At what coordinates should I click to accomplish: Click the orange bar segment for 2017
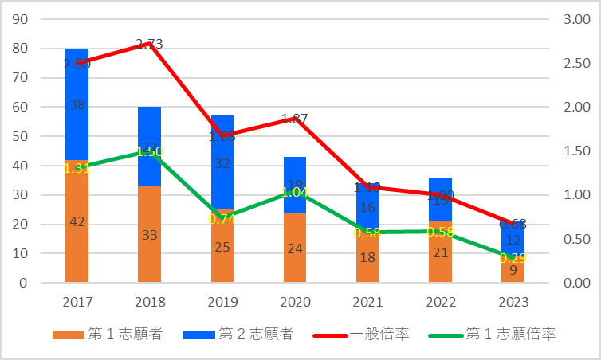pos(77,239)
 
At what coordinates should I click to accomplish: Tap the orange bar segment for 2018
pos(149,247)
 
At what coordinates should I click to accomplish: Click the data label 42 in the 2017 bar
pos(77,222)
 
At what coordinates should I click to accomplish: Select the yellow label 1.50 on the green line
pos(149,151)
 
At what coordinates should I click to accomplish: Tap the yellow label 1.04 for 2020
pos(295,192)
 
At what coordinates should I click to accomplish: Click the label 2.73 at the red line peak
pos(149,45)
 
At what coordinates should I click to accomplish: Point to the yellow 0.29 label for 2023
pos(513,258)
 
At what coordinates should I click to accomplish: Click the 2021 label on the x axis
pos(367,303)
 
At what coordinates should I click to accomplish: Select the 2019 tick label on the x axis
pos(222,303)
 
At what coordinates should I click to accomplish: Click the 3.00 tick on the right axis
pos(575,19)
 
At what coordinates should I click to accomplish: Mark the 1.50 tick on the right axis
pos(575,151)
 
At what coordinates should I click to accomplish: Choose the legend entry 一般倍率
pos(381,335)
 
